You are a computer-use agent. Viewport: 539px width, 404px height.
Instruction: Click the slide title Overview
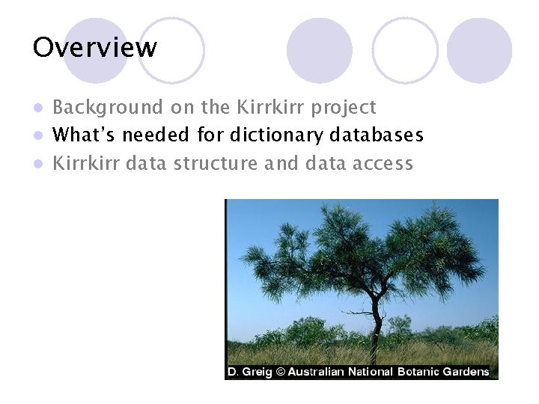[95, 48]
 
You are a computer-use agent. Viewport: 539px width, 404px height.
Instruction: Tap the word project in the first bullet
[344, 108]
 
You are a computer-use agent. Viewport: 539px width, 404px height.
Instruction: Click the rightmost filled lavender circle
[479, 50]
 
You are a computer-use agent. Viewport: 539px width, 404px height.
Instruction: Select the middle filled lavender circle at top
[319, 50]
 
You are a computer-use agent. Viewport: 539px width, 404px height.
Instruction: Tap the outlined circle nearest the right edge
[405, 50]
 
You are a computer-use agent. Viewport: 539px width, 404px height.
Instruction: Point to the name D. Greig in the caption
[250, 372]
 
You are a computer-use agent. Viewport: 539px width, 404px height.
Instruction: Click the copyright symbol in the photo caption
[281, 372]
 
